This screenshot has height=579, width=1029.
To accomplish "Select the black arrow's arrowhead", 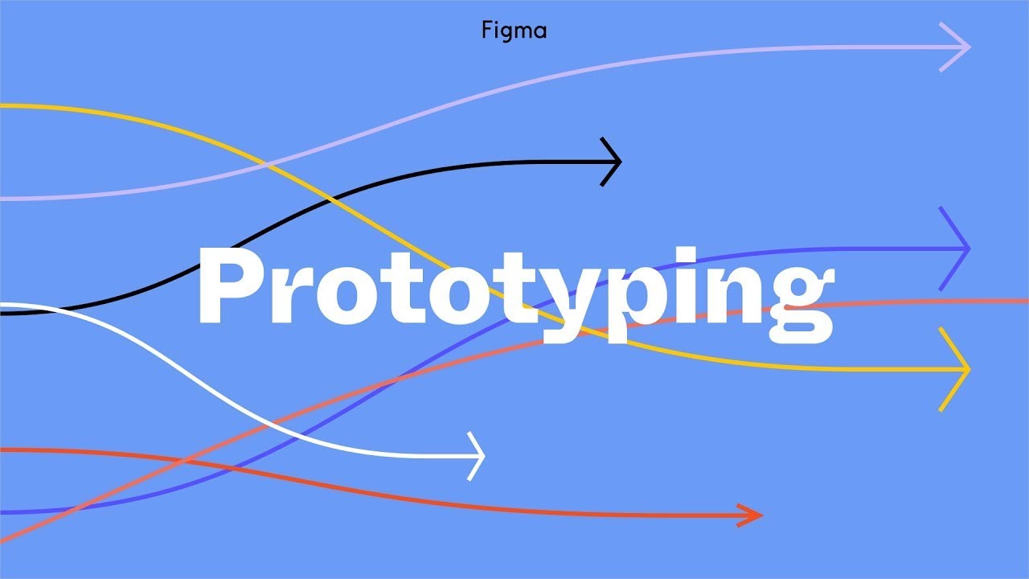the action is (616, 162).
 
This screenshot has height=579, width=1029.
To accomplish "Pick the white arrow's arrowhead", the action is (479, 456).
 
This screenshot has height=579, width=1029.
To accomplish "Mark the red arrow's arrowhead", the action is (756, 515).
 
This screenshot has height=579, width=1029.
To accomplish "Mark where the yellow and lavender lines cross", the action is (269, 166).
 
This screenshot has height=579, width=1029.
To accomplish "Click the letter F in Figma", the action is (486, 31).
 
